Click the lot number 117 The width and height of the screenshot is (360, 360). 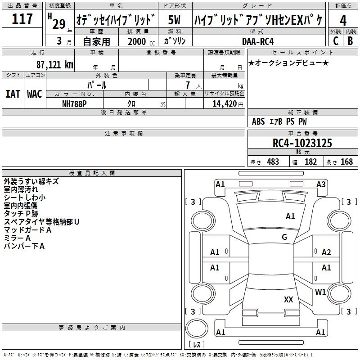22,19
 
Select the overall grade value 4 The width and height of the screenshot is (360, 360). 343,21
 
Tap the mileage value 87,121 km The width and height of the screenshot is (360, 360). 55,65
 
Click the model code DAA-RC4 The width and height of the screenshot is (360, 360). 258,41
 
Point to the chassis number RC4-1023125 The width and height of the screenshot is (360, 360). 302,143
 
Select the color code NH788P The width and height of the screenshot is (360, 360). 74,104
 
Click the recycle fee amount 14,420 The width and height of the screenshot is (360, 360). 224,104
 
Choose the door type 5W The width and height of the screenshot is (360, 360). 174,20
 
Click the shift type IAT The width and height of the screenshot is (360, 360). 13,94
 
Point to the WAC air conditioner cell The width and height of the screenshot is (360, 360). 35,94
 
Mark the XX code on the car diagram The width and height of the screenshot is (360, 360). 288,300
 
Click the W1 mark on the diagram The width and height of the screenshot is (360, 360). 320,292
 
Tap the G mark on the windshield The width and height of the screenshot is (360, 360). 284,237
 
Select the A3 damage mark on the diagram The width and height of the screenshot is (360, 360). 321,184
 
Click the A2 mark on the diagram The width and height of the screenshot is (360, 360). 326,252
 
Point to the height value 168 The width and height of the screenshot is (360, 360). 346,162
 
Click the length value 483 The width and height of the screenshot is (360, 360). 273,162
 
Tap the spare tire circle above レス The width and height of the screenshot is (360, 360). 197,328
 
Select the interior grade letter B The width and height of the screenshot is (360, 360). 350,41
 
